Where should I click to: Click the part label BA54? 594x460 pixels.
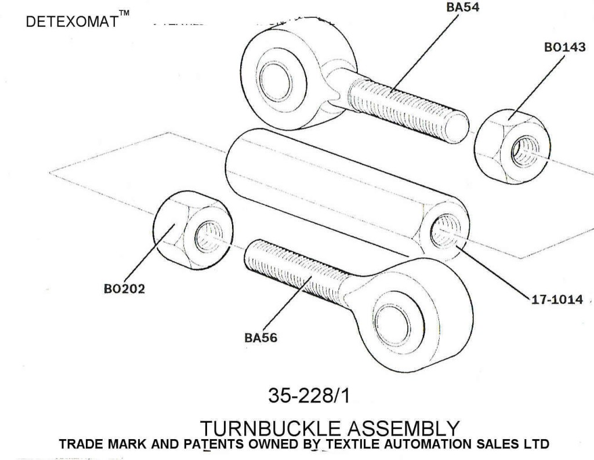[463, 8]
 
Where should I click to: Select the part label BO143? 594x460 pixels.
[564, 48]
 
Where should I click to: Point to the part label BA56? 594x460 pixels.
[260, 337]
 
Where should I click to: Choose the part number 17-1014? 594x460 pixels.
[557, 301]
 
